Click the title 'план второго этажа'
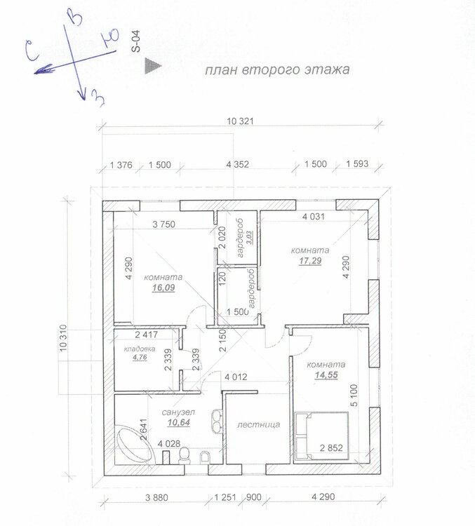click(277, 69)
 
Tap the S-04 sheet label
click(136, 41)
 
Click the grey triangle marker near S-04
click(153, 66)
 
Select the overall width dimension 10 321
click(240, 121)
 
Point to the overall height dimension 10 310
click(63, 338)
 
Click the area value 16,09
click(163, 288)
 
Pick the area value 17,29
click(310, 261)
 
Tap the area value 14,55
click(326, 375)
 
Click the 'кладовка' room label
click(140, 349)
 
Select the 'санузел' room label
click(178, 412)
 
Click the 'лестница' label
click(258, 425)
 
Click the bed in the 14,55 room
click(322, 436)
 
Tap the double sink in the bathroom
click(217, 421)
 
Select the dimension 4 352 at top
click(238, 164)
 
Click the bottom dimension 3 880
click(156, 497)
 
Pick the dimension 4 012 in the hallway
click(236, 377)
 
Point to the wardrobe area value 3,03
click(250, 237)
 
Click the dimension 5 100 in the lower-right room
click(354, 395)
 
